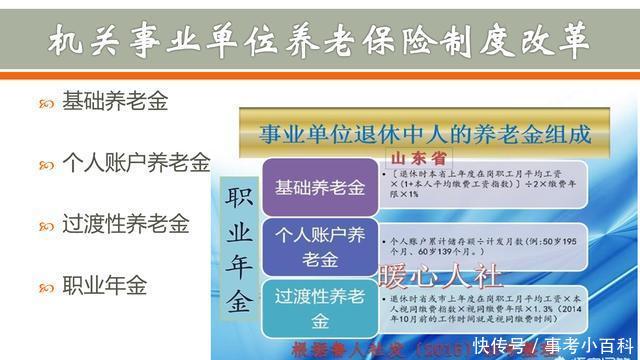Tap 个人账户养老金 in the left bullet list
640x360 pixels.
click(x=136, y=162)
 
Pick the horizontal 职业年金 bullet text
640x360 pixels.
click(x=104, y=285)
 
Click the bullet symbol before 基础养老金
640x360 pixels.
click(x=46, y=103)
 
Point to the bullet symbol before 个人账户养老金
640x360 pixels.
click(x=46, y=164)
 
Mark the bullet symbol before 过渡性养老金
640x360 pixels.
click(x=46, y=225)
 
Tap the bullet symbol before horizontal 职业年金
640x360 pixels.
click(x=46, y=287)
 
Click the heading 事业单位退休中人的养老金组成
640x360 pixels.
click(x=425, y=133)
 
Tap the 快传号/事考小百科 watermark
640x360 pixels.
click(x=555, y=346)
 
